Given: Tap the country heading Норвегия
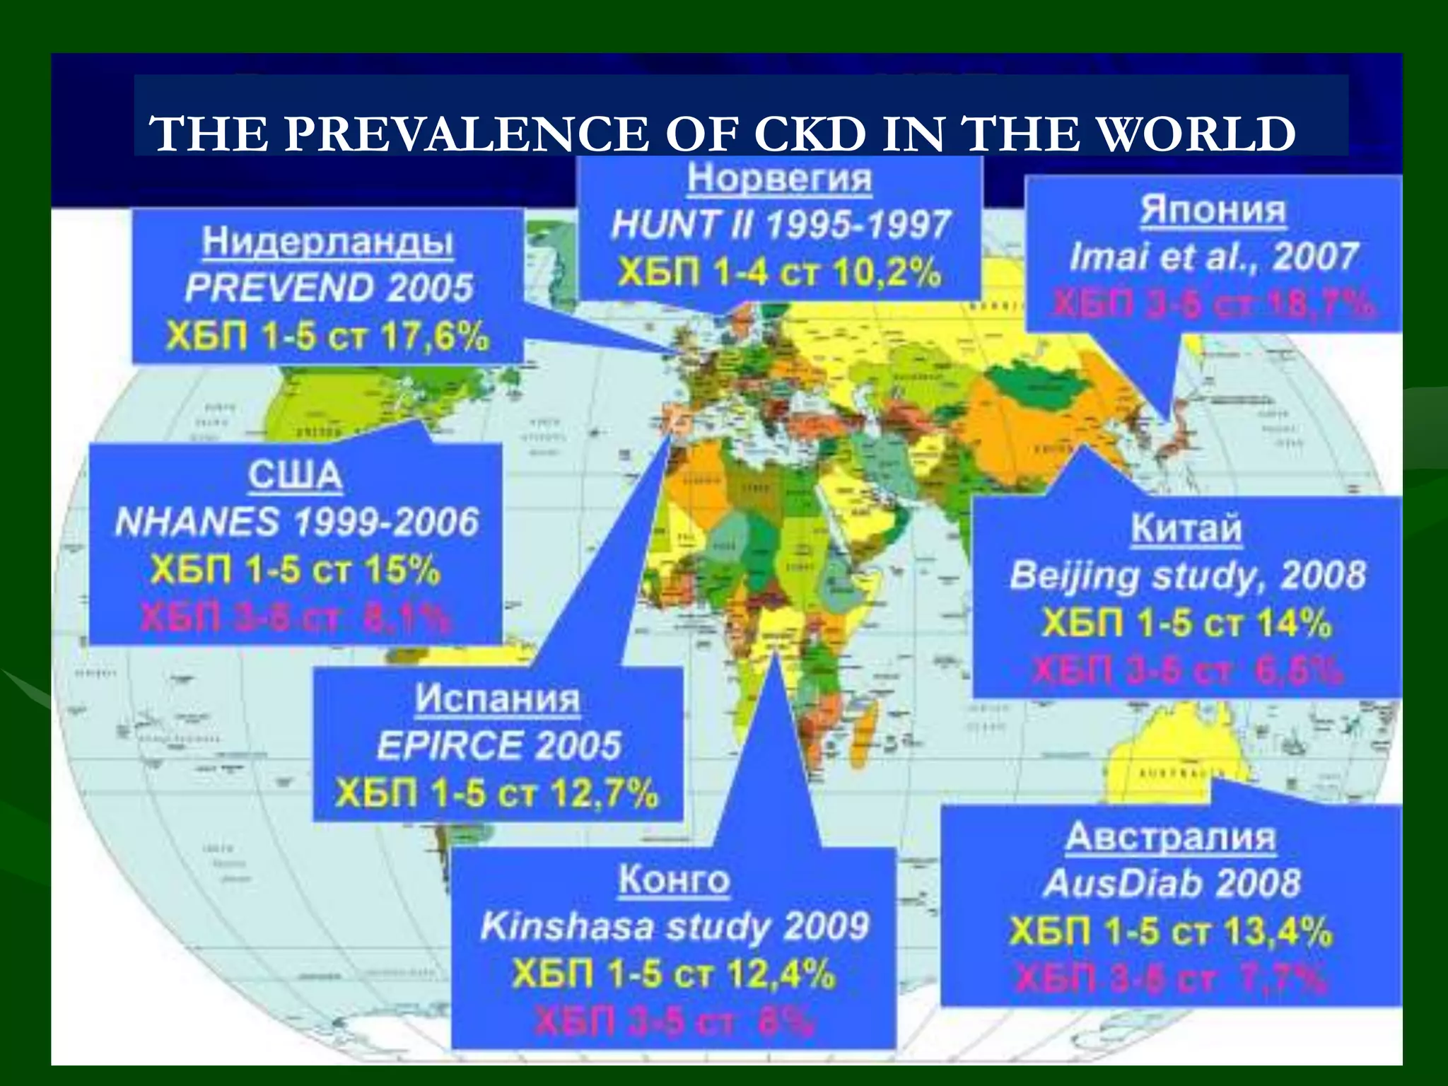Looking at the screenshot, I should click(779, 178).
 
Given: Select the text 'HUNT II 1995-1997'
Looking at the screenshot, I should click(779, 225).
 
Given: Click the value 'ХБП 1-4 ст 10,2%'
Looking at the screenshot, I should click(779, 272).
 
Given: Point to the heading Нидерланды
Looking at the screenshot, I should click(328, 242).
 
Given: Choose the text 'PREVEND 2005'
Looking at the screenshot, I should click(328, 288).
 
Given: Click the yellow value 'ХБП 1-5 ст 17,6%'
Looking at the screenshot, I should click(328, 337).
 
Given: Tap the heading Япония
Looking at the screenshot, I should click(1213, 210).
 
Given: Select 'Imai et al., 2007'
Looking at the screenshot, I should click(1213, 256).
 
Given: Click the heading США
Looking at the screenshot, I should click(296, 475).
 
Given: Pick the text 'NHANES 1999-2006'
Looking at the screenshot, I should click(296, 522).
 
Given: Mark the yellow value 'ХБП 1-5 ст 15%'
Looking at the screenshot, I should click(296, 570).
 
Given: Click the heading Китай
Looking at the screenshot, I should click(1186, 528).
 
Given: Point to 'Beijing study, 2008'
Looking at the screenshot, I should click(1186, 576).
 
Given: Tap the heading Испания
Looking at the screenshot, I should click(497, 699).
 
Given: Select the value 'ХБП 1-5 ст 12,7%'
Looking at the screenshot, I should click(497, 793).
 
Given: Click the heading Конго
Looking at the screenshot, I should click(673, 880).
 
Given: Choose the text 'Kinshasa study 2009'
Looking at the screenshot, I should click(673, 927).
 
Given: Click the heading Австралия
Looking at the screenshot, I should click(1170, 837).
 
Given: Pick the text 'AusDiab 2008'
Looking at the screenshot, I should click(1170, 883).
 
